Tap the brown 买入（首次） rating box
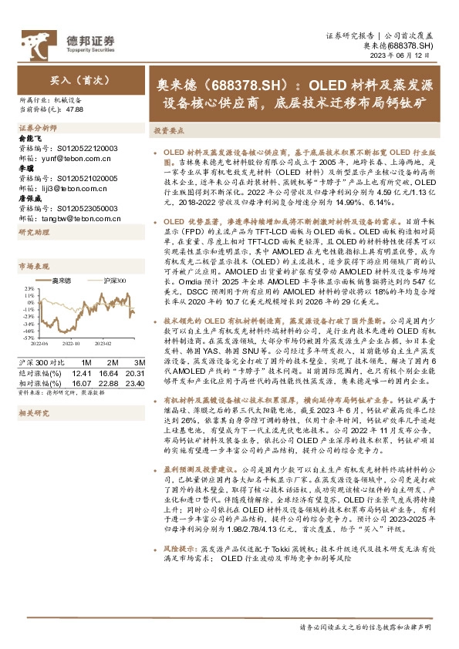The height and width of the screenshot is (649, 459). [70, 79]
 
